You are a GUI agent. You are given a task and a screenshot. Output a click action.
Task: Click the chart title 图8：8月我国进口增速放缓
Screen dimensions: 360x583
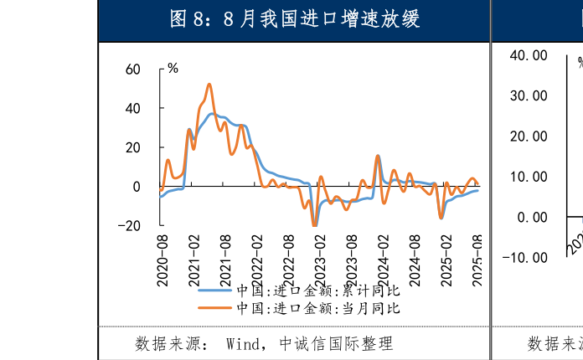tap(294, 19)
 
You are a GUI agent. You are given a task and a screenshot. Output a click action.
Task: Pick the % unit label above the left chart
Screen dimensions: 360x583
tap(173, 68)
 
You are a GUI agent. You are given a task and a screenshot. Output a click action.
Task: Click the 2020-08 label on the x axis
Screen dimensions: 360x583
tap(163, 260)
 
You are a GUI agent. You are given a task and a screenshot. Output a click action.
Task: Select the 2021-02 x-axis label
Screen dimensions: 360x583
tap(194, 260)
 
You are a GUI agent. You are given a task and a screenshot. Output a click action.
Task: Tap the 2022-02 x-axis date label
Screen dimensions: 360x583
tap(257, 260)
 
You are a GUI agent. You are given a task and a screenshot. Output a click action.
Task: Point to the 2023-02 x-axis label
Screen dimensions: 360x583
tap(320, 260)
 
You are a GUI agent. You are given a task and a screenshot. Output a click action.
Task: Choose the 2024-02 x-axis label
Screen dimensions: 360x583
tap(383, 260)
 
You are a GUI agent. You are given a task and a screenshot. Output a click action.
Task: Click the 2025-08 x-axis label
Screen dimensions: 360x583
tap(477, 260)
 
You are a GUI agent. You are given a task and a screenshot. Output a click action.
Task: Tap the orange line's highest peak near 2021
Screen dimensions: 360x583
tap(209, 84)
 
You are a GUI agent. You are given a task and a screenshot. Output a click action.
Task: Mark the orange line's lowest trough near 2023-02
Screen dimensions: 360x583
tap(314, 225)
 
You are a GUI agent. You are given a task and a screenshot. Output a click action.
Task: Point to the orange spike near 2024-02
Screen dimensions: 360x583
tap(378, 156)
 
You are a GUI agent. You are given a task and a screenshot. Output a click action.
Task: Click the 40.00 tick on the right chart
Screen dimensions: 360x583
tap(528, 55)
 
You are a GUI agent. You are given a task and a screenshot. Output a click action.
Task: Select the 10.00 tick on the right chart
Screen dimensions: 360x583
tap(528, 177)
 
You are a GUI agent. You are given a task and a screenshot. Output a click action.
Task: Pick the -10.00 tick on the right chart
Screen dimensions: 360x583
tap(524, 257)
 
